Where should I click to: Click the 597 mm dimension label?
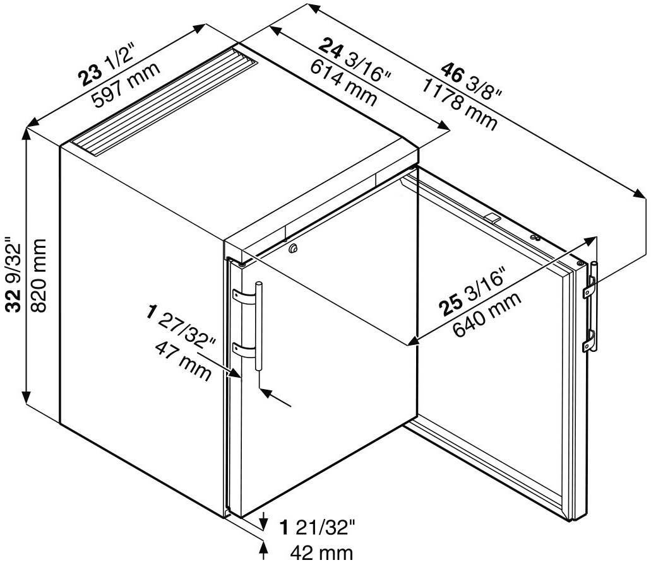pyautogui.click(x=126, y=85)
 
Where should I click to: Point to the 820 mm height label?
pyautogui.click(x=39, y=275)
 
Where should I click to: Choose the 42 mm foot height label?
pyautogui.click(x=321, y=553)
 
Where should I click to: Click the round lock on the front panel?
pyautogui.click(x=294, y=248)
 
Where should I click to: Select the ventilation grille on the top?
pyautogui.click(x=164, y=103)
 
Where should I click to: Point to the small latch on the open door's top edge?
pyautogui.click(x=492, y=218)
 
